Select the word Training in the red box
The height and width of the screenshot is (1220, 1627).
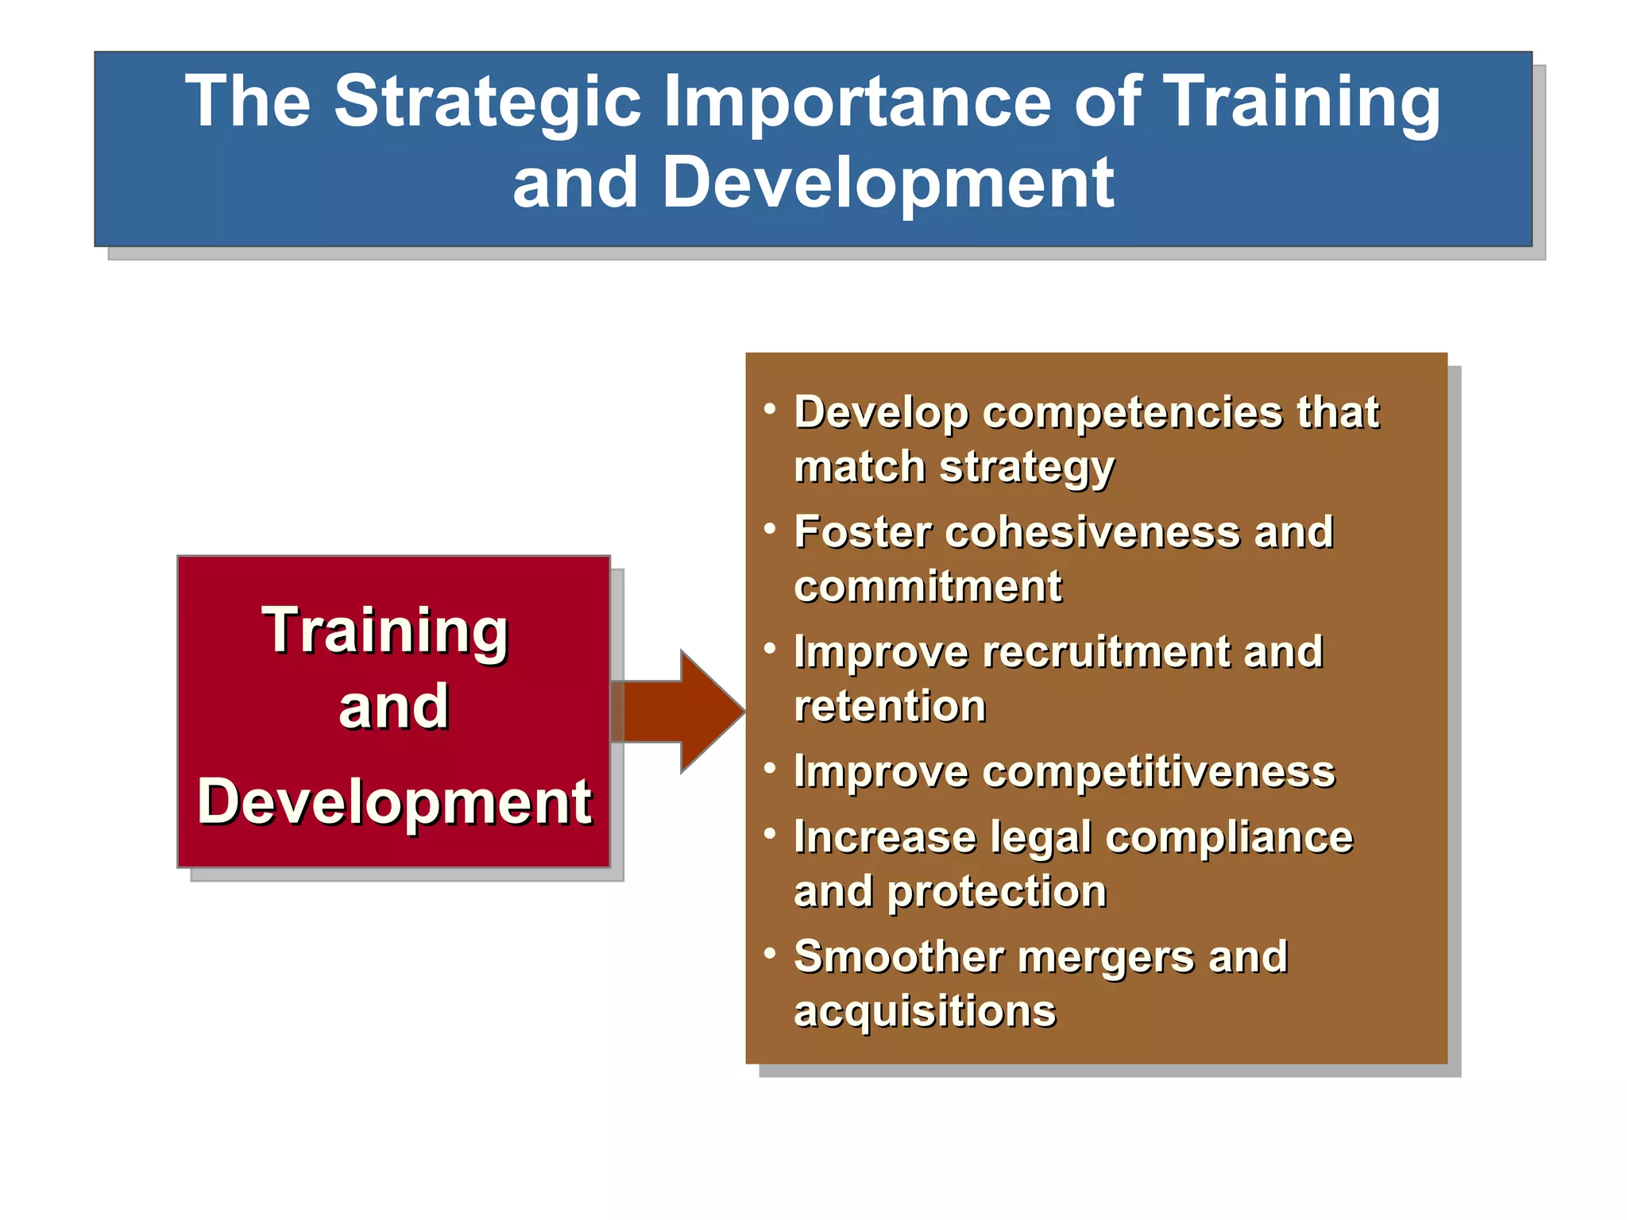[x=385, y=631]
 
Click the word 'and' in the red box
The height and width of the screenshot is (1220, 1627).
[x=393, y=707]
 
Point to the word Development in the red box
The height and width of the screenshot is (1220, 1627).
[x=394, y=802]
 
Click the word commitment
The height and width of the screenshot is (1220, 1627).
[x=927, y=587]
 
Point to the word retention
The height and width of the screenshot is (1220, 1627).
[x=890, y=706]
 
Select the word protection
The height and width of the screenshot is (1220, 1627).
[x=996, y=892]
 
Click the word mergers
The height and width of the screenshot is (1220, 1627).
[x=1105, y=957]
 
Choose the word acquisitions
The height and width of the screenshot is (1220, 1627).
[x=925, y=1012]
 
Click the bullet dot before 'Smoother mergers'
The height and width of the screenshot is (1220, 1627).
[x=769, y=952]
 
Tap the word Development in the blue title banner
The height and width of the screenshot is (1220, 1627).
[x=887, y=184]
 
